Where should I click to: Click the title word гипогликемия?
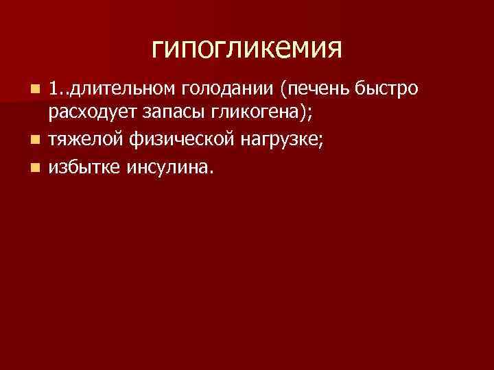coord(246,49)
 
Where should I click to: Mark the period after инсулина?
coord(211,172)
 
